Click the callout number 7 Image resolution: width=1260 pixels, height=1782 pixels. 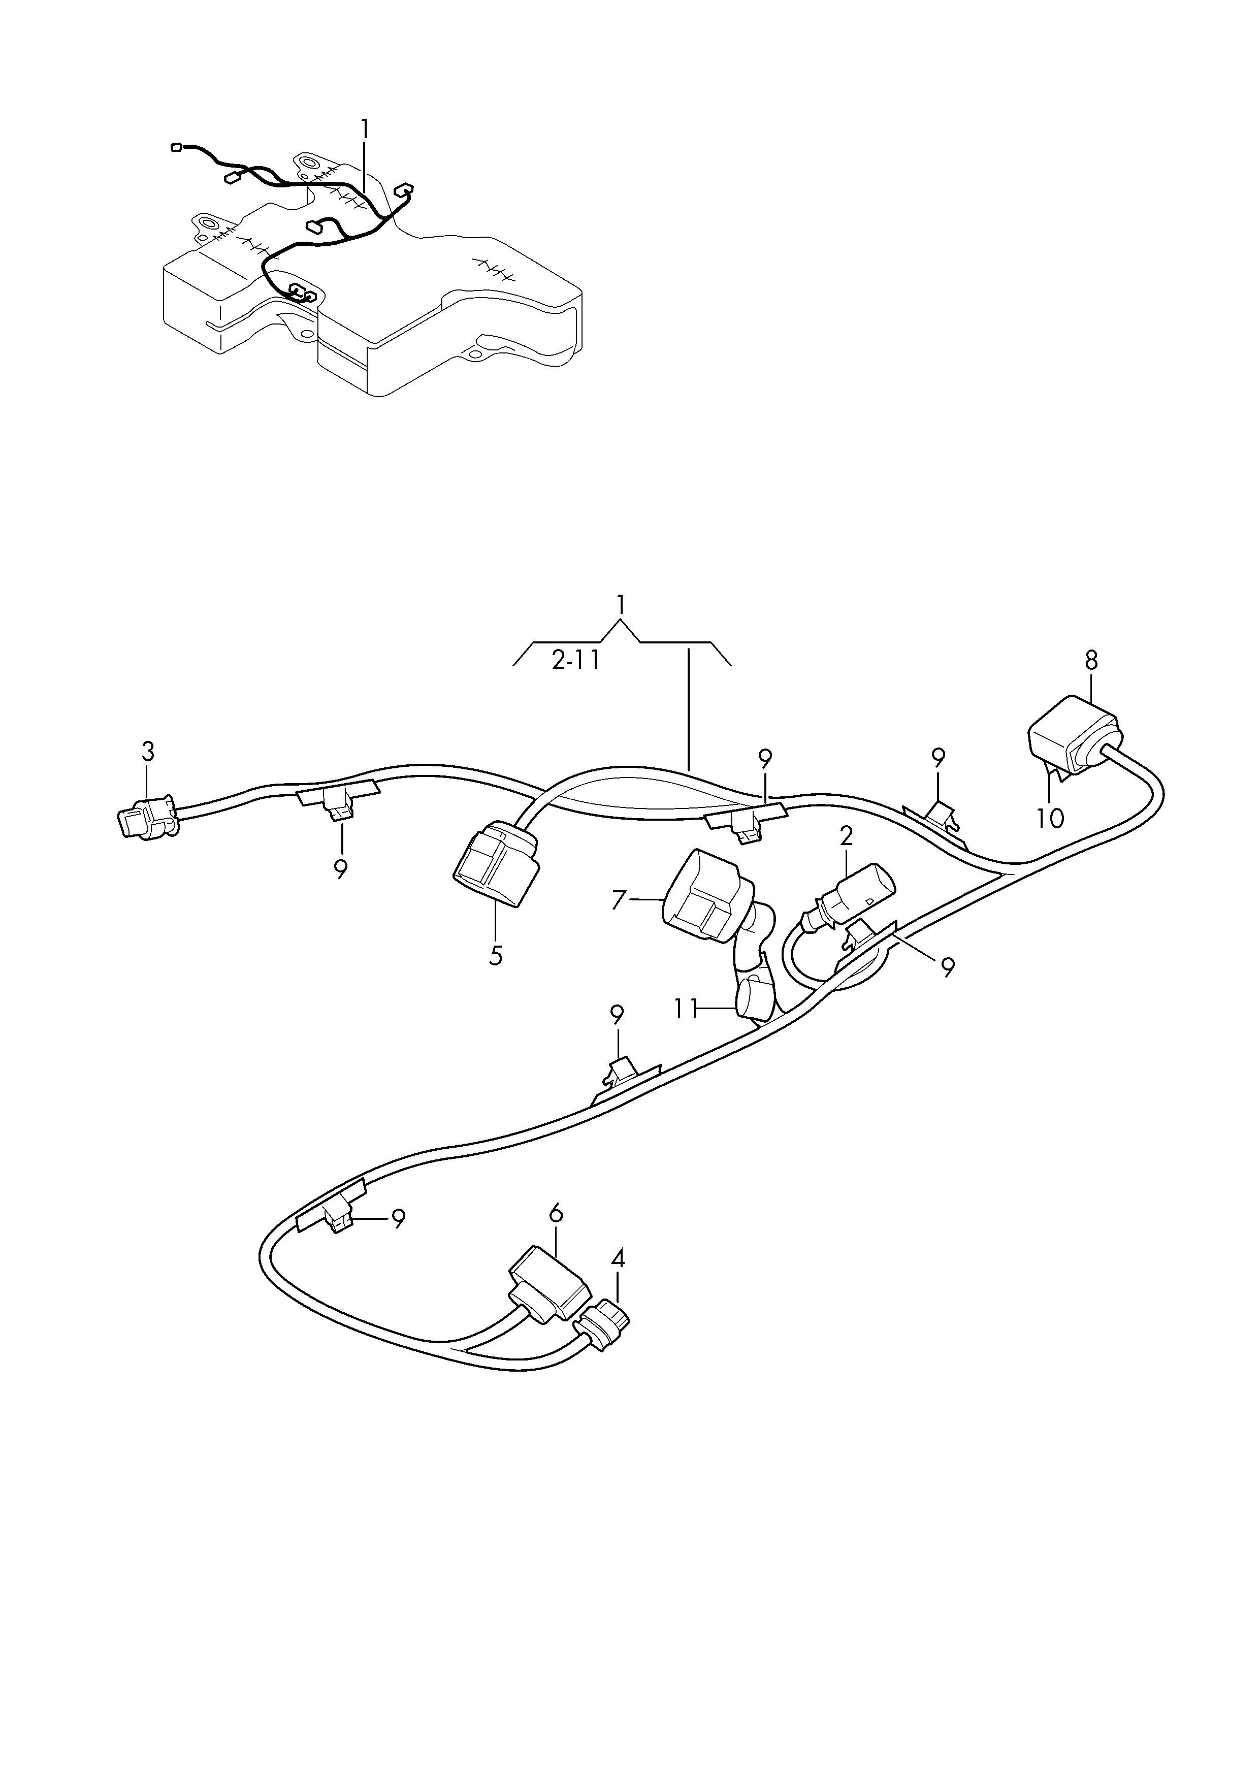point(618,900)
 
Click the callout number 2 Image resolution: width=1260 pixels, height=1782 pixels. point(846,836)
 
